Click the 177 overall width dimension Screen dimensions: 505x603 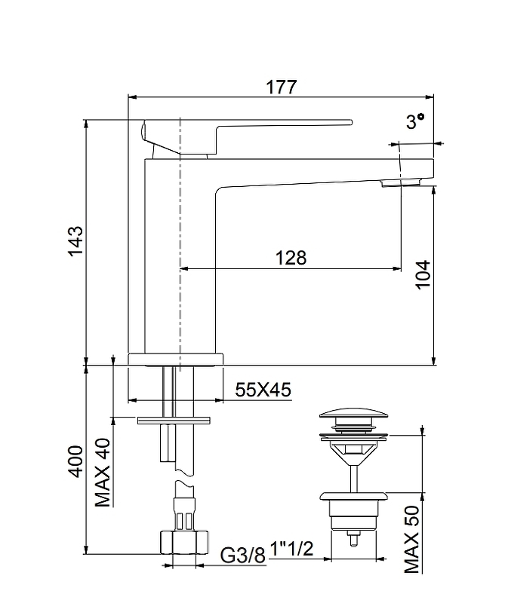click(282, 87)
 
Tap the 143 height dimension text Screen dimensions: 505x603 click(75, 240)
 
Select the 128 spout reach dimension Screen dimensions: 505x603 click(291, 257)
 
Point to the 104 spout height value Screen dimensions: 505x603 click(423, 274)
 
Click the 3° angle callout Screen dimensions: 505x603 click(415, 121)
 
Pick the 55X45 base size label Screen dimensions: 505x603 click(263, 390)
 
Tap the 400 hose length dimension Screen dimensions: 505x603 click(75, 461)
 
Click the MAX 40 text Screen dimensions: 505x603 click(103, 473)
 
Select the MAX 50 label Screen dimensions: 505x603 click(412, 539)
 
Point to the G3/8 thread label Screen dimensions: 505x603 click(243, 555)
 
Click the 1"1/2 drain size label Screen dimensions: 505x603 click(291, 549)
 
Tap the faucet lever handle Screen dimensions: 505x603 click(247, 138)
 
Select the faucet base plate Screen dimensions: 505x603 click(176, 359)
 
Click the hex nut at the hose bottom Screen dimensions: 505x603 click(184, 542)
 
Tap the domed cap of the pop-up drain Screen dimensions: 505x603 click(353, 415)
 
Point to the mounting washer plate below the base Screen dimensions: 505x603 click(174, 420)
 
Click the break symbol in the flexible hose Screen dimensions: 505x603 click(184, 476)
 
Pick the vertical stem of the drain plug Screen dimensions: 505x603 click(353, 479)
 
